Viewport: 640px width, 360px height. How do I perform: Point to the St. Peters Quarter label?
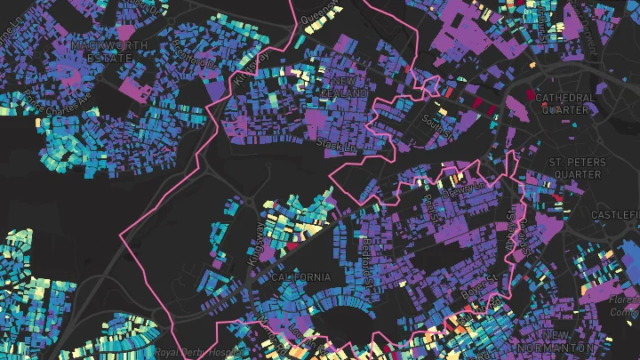tap(577, 168)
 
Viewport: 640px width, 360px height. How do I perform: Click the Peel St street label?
tap(433, 208)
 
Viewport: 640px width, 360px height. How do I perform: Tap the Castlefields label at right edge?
tap(615, 216)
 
